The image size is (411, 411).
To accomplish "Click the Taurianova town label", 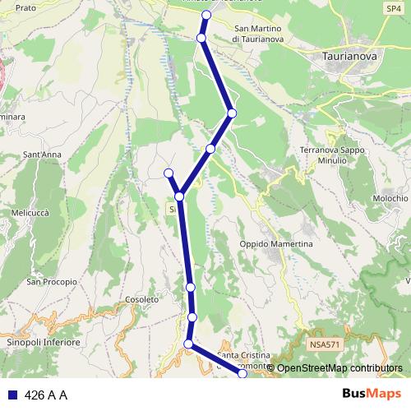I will pyautogui.click(x=349, y=57).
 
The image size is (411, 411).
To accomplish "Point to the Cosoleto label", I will pyautogui.click(x=143, y=300).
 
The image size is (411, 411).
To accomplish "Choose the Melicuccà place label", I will pyautogui.click(x=30, y=212).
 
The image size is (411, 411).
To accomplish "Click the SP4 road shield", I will pyautogui.click(x=394, y=8).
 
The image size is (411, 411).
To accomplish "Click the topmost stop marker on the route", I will pyautogui.click(x=206, y=16).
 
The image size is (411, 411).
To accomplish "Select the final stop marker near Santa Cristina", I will pyautogui.click(x=242, y=374).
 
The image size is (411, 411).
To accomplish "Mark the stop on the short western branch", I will pyautogui.click(x=169, y=173).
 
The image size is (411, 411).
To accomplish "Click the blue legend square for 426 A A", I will pyautogui.click(x=12, y=395).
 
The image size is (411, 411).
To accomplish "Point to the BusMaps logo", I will pyautogui.click(x=372, y=395).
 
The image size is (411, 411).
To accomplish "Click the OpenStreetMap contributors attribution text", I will pyautogui.click(x=339, y=367).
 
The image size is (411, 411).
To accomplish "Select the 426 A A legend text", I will pyautogui.click(x=46, y=395).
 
